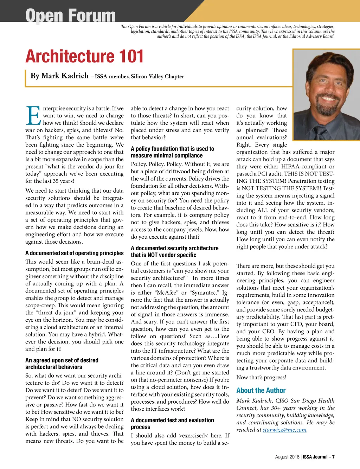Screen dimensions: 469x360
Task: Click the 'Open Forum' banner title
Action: (70, 15)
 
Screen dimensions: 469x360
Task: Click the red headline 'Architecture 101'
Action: (84, 56)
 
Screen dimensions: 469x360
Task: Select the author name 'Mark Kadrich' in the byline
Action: (65, 76)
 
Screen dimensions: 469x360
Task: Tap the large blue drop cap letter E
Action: (33, 116)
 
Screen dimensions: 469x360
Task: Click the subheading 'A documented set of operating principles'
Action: (75, 253)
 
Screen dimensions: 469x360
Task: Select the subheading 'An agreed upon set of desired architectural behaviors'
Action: (62, 364)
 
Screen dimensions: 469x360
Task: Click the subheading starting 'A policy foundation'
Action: (172, 152)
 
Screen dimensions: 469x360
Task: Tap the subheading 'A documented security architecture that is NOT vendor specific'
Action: (174, 251)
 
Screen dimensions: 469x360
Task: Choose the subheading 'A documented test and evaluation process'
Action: (172, 423)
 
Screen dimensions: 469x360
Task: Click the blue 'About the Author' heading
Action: (261, 390)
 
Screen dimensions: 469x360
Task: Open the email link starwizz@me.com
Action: (284, 430)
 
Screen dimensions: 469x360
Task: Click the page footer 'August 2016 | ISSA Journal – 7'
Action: (304, 457)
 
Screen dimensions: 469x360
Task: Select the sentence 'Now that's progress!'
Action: (261, 377)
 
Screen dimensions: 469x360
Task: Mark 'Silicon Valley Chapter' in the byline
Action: (157, 76)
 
